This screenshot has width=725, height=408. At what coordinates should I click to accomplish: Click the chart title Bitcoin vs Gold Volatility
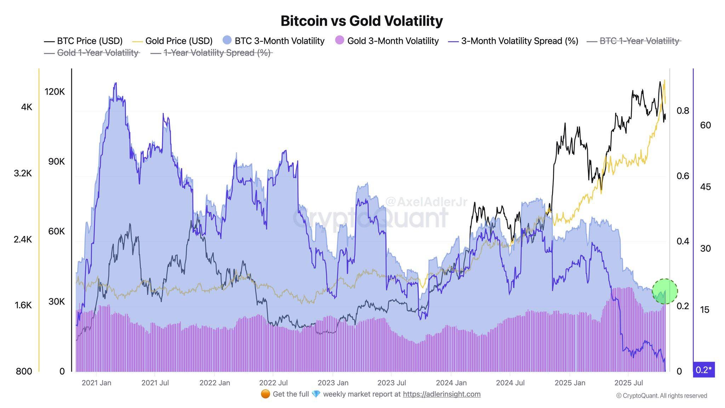(361, 21)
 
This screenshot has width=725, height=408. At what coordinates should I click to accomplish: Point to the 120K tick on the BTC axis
(55, 92)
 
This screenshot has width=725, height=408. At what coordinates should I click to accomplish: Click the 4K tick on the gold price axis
(27, 107)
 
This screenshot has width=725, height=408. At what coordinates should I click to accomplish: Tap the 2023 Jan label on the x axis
(333, 383)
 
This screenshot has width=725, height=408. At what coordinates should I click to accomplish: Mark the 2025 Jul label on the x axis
(628, 383)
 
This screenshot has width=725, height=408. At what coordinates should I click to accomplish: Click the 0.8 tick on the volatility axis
(683, 111)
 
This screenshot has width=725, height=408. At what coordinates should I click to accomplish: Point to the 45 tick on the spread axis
(705, 187)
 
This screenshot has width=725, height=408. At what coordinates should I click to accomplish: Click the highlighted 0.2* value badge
(703, 370)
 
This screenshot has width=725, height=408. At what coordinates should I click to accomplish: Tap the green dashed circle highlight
(664, 291)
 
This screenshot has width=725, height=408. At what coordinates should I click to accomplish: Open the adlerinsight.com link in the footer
(441, 394)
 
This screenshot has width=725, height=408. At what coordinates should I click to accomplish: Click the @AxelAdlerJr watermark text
(426, 202)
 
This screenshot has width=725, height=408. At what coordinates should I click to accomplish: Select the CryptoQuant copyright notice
(662, 396)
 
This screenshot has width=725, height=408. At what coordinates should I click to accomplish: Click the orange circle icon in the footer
(265, 394)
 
